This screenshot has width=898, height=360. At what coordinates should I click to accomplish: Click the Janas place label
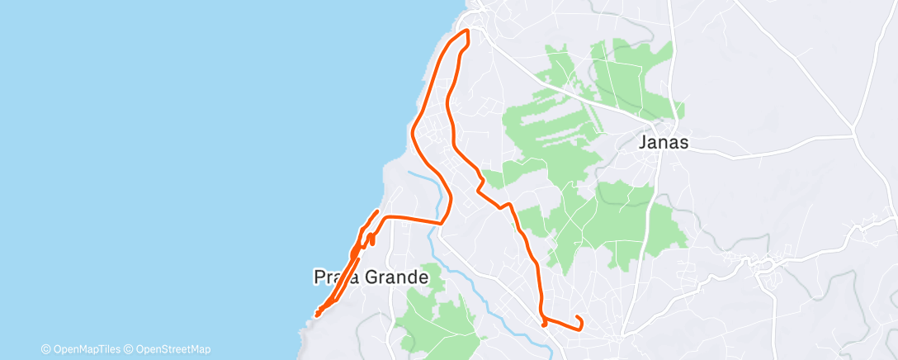[664, 142]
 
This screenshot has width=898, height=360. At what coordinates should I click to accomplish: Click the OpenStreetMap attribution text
[171, 349]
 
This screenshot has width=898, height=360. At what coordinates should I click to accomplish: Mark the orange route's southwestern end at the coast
[318, 314]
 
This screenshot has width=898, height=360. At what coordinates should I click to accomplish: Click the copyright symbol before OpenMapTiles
[45, 349]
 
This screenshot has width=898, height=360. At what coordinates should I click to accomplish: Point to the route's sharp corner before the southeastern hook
[542, 318]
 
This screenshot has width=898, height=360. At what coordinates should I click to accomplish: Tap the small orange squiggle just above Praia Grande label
[371, 239]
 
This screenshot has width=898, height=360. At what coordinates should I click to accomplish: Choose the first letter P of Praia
[319, 277]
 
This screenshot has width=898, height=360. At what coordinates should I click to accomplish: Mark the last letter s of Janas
[683, 142]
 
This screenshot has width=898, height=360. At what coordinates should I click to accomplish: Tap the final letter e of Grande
[423, 277]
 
